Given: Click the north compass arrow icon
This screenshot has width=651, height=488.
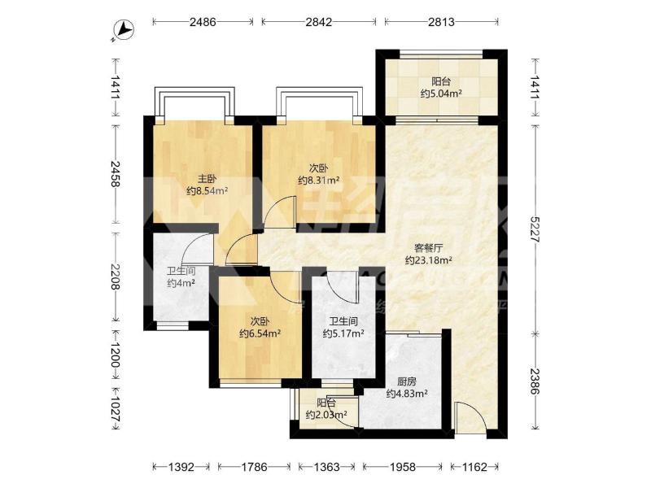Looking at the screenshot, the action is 124,30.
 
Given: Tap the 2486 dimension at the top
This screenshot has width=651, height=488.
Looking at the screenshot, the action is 203,22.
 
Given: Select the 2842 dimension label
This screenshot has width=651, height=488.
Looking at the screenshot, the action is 319,22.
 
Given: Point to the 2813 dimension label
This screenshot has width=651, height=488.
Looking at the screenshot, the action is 441,22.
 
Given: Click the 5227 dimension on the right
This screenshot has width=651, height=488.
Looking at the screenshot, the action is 535,229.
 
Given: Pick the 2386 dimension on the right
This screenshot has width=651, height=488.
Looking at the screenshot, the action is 535,381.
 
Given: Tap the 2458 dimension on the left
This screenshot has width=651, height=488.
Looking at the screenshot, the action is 116,174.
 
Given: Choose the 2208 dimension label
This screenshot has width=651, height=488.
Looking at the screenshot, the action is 116,277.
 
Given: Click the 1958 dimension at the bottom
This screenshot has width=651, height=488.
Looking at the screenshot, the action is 402,467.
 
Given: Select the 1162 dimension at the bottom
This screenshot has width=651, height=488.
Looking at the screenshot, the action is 474,467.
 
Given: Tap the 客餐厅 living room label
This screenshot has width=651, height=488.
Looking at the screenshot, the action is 429,248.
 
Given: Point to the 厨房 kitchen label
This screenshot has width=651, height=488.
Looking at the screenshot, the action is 407,381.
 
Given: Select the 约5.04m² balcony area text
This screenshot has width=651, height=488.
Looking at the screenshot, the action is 441,94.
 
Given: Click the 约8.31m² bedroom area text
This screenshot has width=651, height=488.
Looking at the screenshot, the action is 319,180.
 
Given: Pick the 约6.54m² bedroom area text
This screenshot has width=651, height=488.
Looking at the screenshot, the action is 260,333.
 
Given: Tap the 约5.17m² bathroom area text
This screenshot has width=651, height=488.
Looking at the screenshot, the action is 343,333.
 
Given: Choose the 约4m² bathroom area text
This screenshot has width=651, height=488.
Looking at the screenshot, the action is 181,283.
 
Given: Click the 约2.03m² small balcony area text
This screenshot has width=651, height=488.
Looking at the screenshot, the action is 326,414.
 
